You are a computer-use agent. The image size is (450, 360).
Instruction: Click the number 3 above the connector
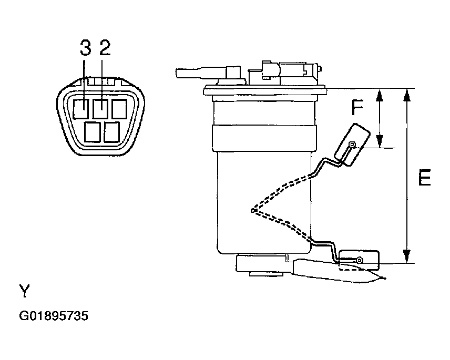pyautogui.click(x=85, y=48)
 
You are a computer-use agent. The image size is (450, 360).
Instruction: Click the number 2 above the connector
pyautogui.click(x=105, y=48)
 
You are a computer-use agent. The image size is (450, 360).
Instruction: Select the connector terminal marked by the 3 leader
pyautogui.click(x=80, y=109)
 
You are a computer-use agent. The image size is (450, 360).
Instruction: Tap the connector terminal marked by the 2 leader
pyautogui.click(x=100, y=109)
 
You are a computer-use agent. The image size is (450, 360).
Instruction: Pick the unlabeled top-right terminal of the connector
pyautogui.click(x=119, y=109)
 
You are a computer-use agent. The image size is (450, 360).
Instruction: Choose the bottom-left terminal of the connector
pyautogui.click(x=93, y=132)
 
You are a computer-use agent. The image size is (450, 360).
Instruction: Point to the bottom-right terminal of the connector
pyautogui.click(x=111, y=132)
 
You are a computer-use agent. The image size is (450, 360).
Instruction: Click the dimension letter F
pyautogui.click(x=357, y=107)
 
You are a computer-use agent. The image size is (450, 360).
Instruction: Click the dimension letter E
pyautogui.click(x=424, y=178)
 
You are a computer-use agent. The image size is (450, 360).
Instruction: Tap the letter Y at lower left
pyautogui.click(x=24, y=291)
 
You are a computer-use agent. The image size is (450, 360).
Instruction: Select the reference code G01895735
pyautogui.click(x=54, y=316)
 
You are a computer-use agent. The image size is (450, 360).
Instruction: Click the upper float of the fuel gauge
pyautogui.click(x=352, y=145)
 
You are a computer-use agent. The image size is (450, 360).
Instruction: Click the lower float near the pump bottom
pyautogui.click(x=359, y=261)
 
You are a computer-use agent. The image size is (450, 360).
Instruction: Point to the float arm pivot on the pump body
pyautogui.click(x=252, y=211)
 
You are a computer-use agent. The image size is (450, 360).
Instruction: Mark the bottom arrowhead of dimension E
pyautogui.click(x=406, y=256)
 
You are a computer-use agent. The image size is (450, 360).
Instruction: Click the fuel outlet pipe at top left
pyautogui.click(x=201, y=73)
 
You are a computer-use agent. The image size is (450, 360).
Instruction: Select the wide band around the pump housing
pyautogui.click(x=264, y=138)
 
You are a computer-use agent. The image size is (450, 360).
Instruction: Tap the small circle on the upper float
pyautogui.click(x=352, y=145)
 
